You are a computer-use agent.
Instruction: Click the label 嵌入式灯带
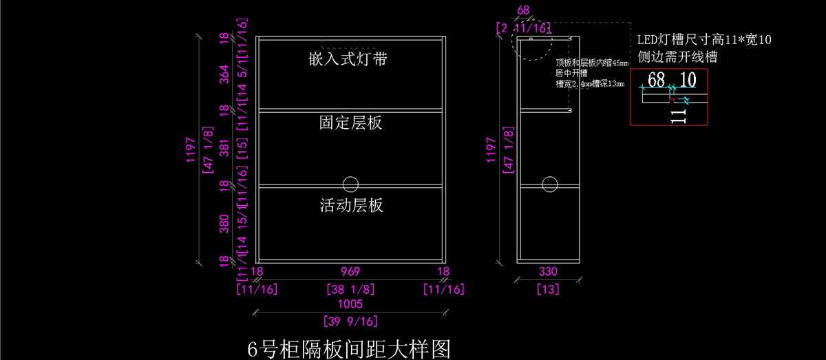tap(348, 59)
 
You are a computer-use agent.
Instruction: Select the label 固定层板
tap(350, 123)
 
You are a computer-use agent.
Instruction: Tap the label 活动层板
tap(351, 205)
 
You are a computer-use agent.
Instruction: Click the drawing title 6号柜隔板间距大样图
tap(349, 349)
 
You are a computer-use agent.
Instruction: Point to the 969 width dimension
tap(350, 272)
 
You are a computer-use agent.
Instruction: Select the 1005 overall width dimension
tap(350, 304)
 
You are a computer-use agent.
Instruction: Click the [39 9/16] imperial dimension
tap(350, 321)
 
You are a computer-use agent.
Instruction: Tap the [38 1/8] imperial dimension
tap(350, 289)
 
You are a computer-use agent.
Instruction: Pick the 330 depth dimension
tap(548, 272)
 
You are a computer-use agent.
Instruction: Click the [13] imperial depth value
tap(548, 289)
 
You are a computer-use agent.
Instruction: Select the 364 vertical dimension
tap(224, 74)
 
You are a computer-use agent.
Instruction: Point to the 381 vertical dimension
tap(224, 148)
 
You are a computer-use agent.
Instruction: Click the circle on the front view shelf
tap(350, 184)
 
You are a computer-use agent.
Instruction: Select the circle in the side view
tap(549, 184)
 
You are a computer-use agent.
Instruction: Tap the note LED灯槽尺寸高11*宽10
tap(703, 40)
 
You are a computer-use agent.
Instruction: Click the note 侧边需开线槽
tap(678, 57)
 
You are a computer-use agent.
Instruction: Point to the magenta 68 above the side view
tap(523, 10)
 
